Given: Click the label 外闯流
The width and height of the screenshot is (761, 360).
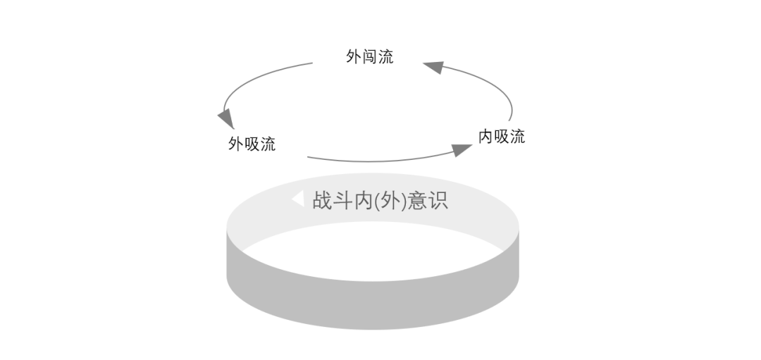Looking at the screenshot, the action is click(x=370, y=57).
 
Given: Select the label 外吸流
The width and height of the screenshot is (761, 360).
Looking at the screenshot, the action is click(x=252, y=144).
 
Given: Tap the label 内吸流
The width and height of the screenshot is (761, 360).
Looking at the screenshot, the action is click(x=502, y=137).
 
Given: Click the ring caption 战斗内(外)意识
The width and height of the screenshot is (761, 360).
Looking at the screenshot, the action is click(x=380, y=201).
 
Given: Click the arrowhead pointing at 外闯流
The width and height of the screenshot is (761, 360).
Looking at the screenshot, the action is click(x=433, y=67).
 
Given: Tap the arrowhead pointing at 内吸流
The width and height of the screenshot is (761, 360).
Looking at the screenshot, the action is click(x=462, y=149).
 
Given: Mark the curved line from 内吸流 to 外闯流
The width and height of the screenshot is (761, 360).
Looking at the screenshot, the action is click(x=493, y=85).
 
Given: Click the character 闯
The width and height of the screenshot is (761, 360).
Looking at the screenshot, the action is click(x=370, y=57).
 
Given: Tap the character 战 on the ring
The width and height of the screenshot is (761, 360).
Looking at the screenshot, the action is click(x=323, y=201).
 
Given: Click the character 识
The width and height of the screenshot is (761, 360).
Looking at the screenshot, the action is click(x=438, y=201).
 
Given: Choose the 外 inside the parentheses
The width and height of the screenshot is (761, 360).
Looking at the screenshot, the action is click(x=389, y=201).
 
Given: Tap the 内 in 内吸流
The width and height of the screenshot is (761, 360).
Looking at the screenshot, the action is click(x=485, y=137).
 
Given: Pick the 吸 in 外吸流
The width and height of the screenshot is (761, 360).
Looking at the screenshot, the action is click(x=252, y=144).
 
